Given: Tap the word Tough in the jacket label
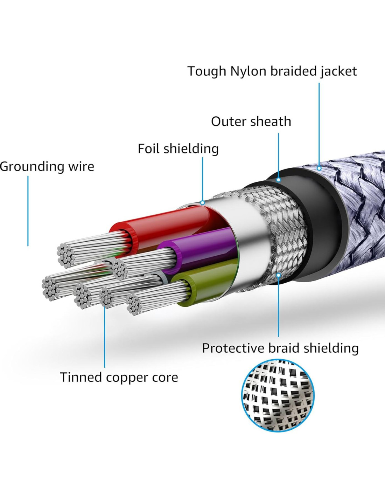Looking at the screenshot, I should point(207,71).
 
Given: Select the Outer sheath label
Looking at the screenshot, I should point(251,122).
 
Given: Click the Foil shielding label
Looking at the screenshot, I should point(178,149).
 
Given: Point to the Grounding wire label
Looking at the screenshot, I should point(47,166).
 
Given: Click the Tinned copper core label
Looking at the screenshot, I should point(119,377).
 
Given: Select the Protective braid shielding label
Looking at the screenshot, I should point(280,348).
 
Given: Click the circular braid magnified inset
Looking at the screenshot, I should point(278,395).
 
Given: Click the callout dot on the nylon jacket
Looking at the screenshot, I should point(319,168).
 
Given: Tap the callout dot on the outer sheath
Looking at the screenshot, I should point(279,180).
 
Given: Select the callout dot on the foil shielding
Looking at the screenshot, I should point(203,202).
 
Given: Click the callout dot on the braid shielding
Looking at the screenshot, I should point(279,275).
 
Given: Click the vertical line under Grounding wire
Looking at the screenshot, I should point(28,210).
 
